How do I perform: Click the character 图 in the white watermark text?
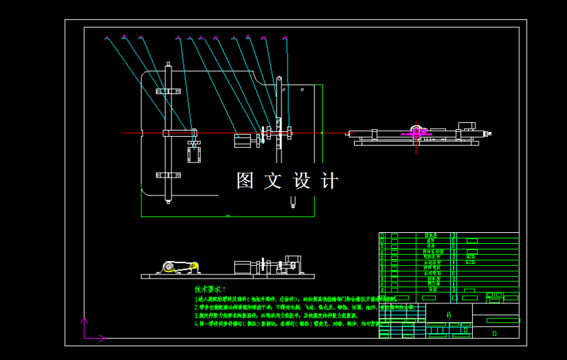coord(245,181)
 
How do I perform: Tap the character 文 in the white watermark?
coord(273,181)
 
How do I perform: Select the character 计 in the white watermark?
coord(330,181)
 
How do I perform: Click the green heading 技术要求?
coord(210,289)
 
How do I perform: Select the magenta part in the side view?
coord(417,130)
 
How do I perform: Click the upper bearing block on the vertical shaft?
coord(168,91)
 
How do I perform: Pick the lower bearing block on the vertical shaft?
coord(168,174)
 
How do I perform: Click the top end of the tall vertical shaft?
coord(168,66)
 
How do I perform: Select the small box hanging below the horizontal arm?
coord(194,154)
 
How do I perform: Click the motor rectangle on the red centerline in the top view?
coord(243,140)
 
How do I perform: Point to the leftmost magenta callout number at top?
coord(107,38)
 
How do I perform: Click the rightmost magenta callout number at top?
coord(285,37)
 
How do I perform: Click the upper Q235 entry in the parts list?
coord(471,256)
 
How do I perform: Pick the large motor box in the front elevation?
coord(244,268)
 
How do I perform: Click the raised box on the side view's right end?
coord(467,126)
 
